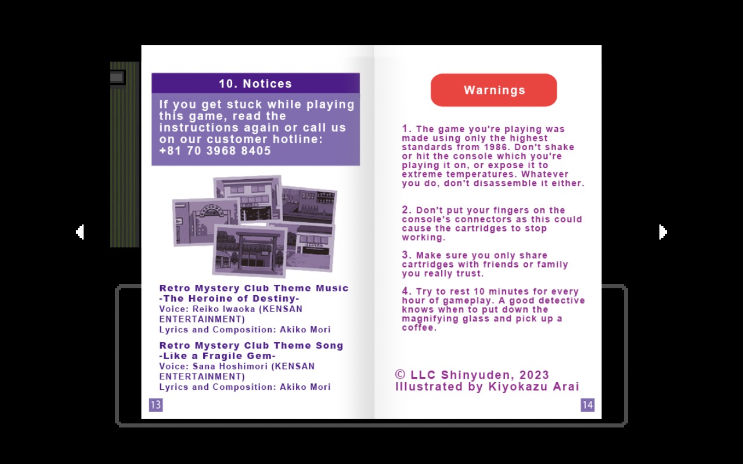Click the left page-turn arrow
pos(80,232)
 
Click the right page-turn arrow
pos(663,232)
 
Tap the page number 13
pos(156,405)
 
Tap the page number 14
pos(587,405)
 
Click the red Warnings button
pos(494,90)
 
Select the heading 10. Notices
pos(255,84)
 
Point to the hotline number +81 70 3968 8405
pos(215,151)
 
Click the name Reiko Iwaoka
pos(224,309)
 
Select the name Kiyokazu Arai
pos(533,387)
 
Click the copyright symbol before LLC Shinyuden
pos(401,375)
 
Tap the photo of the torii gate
pos(250,251)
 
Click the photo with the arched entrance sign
pos(206,222)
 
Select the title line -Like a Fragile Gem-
pos(218,356)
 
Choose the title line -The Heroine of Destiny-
pos(229,299)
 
